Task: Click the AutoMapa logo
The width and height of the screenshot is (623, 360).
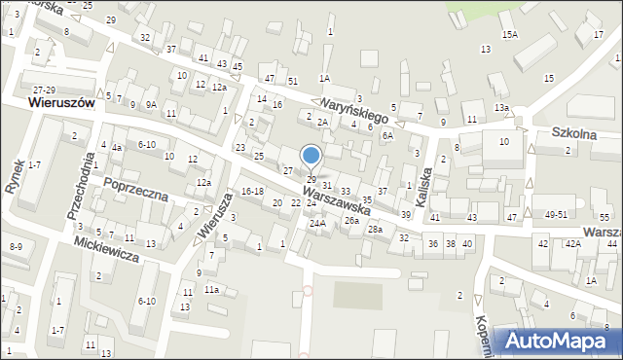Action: click(559, 341)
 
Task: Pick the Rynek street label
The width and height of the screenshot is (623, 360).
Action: click(17, 176)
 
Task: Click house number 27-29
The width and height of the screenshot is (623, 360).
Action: click(43, 89)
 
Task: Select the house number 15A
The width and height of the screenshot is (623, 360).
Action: click(510, 35)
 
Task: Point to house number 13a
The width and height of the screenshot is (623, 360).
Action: click(501, 108)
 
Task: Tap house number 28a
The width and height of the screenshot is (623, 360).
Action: click(375, 229)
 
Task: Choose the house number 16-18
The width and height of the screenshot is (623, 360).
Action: click(252, 191)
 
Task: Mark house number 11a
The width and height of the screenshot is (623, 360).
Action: click(212, 290)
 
